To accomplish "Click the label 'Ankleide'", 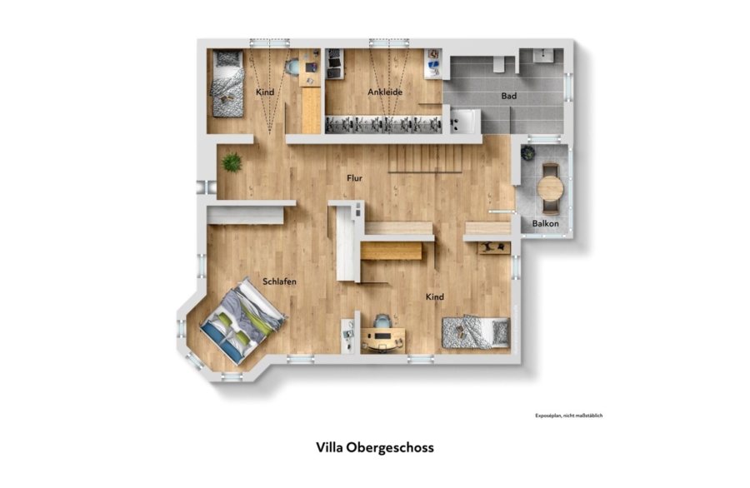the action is [384, 92].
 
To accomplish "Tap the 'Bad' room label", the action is [508, 96].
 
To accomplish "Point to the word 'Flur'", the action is [354, 178].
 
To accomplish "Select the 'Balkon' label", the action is [545, 223].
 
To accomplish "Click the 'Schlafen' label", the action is [279, 281].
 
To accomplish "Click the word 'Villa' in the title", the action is [329, 447].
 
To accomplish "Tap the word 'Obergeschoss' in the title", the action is [390, 448].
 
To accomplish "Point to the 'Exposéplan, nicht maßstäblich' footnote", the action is [568, 416].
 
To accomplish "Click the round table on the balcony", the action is [551, 188].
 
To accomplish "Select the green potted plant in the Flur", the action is [232, 162].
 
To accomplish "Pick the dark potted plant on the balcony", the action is [527, 153].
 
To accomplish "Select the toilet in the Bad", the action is [498, 63].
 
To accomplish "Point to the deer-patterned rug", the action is [494, 248].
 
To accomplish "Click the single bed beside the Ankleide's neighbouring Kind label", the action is [228, 83].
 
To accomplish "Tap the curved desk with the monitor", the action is [382, 338].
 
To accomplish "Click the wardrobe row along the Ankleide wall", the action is [383, 124].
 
